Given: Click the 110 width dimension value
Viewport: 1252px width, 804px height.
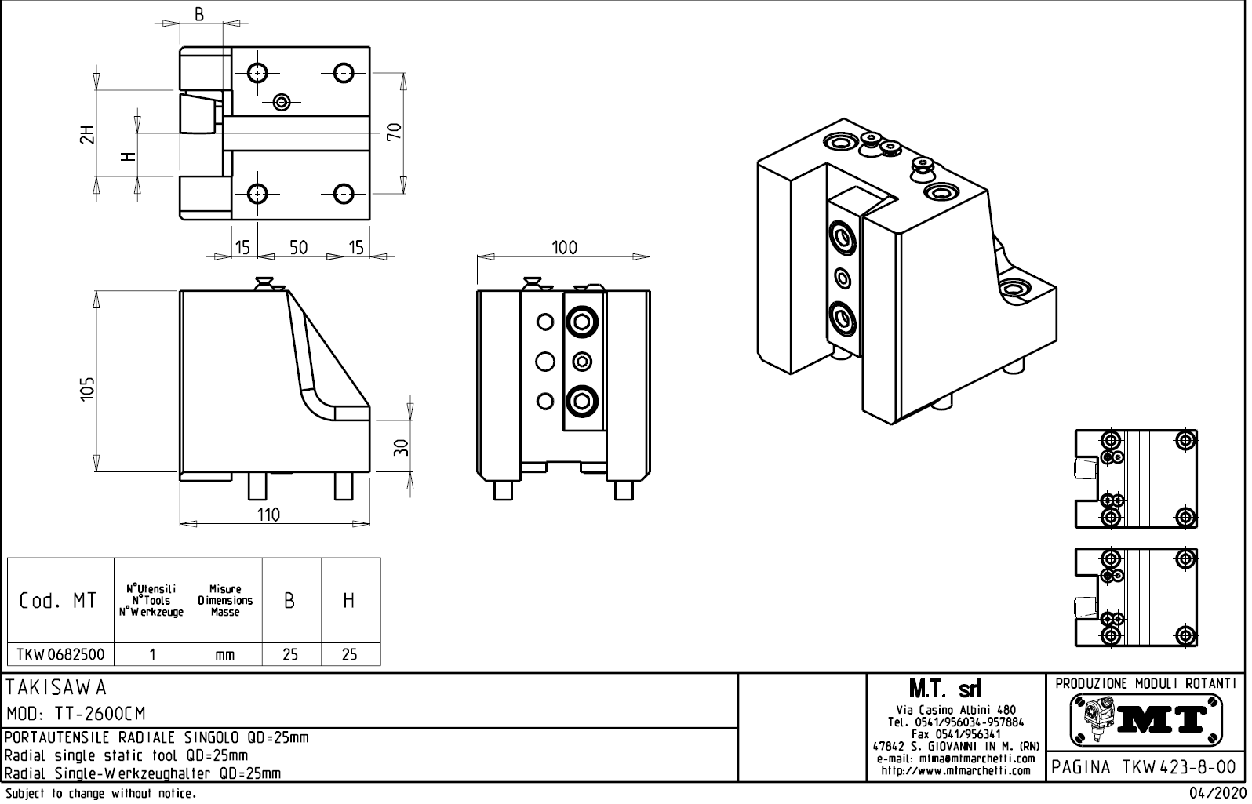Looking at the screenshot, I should click(268, 515).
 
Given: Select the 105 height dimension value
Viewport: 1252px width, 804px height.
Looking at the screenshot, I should click(88, 388).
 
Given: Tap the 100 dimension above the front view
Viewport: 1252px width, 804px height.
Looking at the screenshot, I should click(564, 248).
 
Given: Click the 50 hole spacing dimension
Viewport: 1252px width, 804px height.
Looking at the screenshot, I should click(298, 248).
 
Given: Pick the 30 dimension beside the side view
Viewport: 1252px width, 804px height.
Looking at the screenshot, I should click(401, 447).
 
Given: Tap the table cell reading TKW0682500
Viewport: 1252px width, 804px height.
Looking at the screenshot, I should click(60, 654).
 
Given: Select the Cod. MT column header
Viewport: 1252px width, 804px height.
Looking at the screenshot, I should click(59, 601).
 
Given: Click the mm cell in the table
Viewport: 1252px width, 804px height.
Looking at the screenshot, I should click(225, 655).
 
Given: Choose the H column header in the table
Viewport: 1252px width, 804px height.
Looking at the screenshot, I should click(349, 601).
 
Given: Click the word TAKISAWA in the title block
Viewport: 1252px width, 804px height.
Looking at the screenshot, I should click(56, 687).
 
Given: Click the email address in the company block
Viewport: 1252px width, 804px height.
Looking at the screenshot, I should click(956, 759).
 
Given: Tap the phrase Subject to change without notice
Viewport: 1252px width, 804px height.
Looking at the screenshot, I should click(100, 794).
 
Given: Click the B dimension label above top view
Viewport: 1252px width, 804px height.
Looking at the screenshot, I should click(199, 14).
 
